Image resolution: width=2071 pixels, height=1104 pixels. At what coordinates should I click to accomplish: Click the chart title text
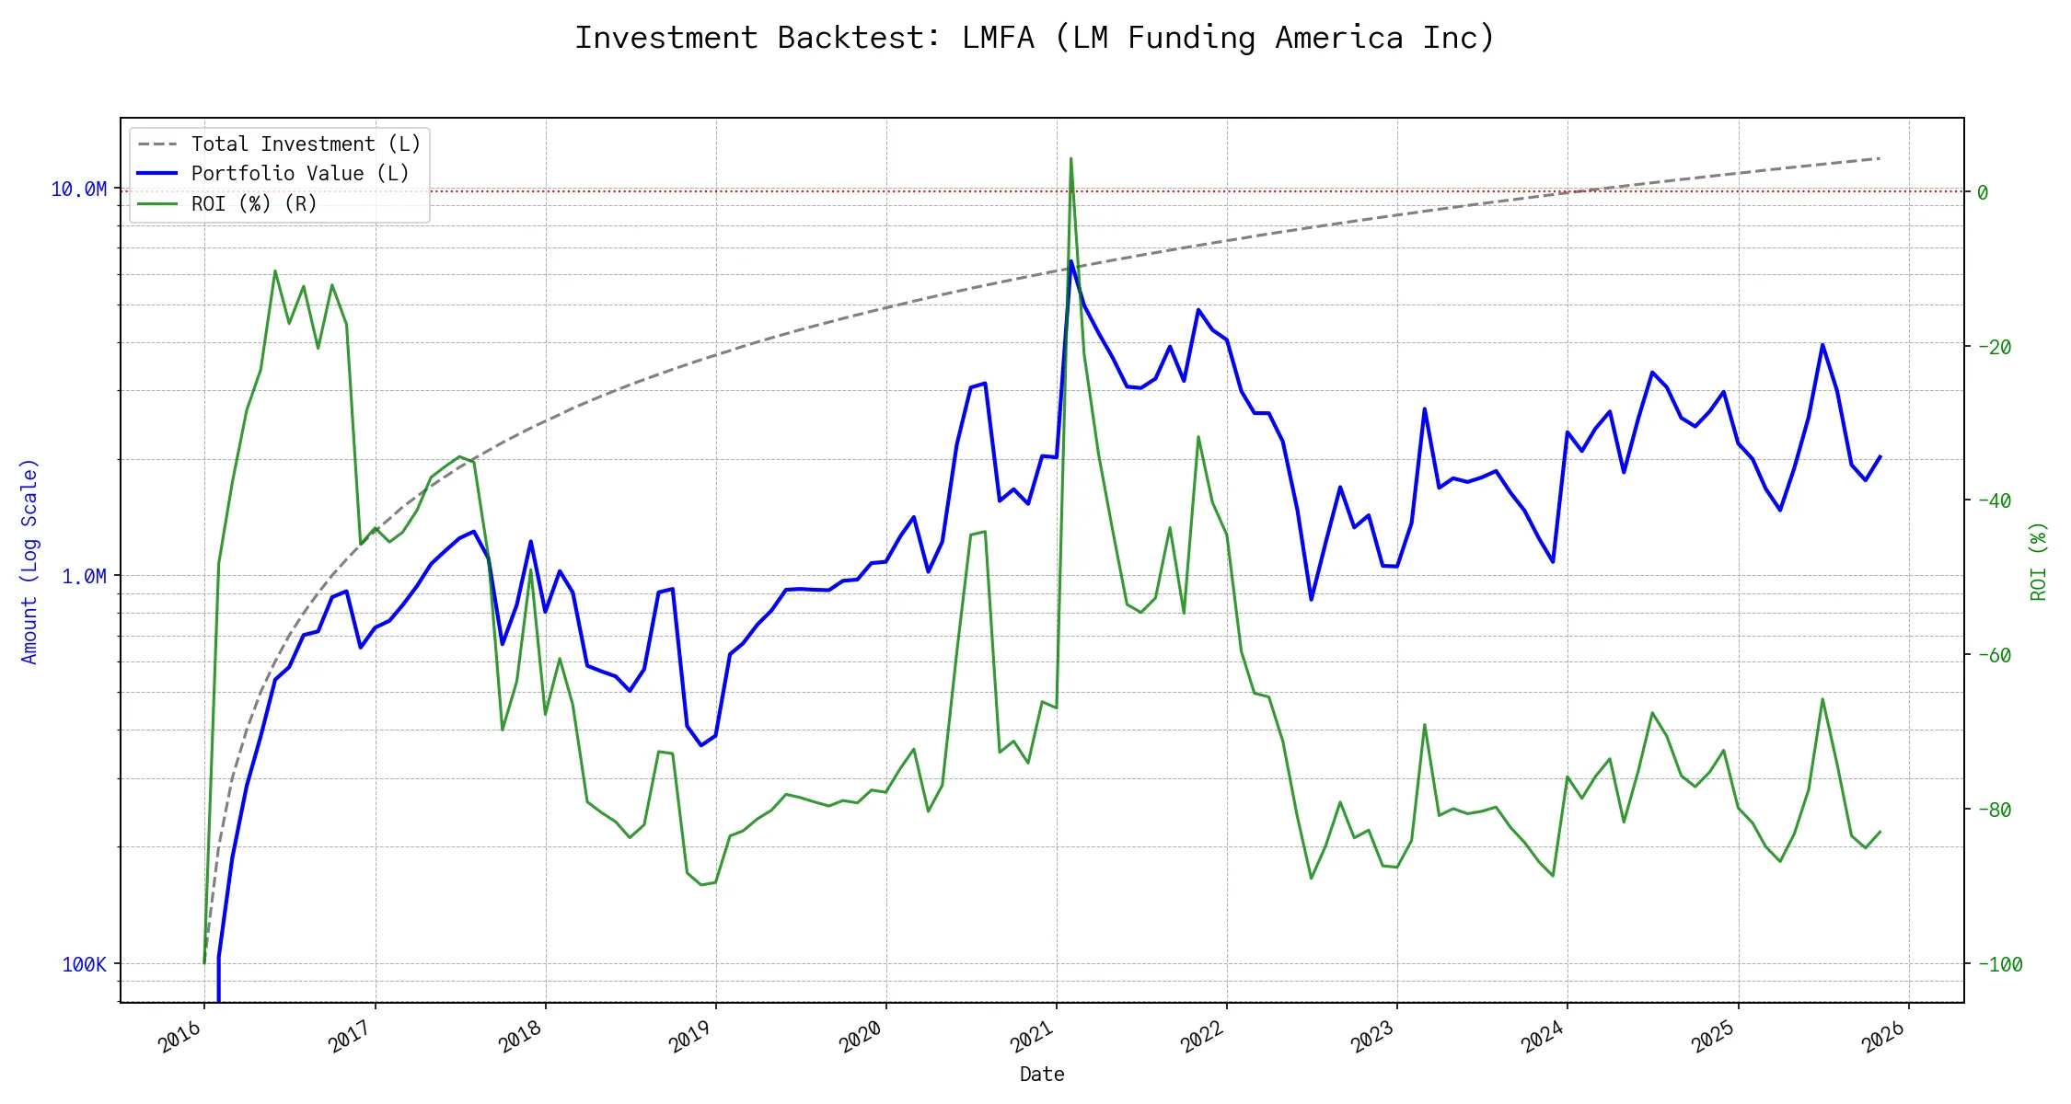tap(1035, 38)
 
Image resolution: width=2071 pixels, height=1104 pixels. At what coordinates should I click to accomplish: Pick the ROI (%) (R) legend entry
tap(254, 203)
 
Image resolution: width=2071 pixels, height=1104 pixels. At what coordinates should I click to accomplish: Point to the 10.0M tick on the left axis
tap(78, 190)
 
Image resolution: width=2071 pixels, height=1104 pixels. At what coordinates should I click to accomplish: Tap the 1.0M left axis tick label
tap(84, 577)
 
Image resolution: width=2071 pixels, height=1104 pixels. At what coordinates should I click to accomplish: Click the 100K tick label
tap(84, 964)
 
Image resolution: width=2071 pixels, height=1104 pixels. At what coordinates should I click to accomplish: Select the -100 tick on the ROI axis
tap(2000, 964)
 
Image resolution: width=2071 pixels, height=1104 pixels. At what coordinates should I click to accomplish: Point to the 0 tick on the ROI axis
tap(1983, 192)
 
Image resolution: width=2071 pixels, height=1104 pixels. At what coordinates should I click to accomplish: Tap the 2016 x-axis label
tap(180, 1038)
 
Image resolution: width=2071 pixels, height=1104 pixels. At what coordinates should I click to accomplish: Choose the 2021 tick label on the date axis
tap(1032, 1038)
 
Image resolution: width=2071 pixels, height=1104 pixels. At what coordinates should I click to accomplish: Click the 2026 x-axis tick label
tap(1884, 1038)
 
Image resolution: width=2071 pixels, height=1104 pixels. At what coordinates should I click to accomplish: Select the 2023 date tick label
tap(1372, 1038)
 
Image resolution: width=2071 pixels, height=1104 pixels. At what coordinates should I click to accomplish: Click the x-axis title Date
tap(1042, 1074)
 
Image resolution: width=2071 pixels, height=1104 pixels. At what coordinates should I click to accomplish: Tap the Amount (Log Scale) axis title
tap(29, 561)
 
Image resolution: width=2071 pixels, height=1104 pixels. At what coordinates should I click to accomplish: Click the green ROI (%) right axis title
tap(2038, 561)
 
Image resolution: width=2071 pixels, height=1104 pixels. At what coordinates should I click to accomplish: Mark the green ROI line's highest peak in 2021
tap(1070, 158)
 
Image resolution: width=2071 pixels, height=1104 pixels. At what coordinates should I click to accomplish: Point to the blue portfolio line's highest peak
tap(1070, 261)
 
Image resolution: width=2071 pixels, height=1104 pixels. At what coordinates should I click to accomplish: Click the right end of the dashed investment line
tap(1879, 158)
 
